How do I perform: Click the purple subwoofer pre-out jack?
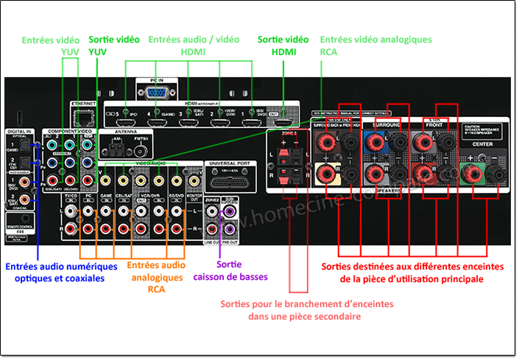coord(230,212)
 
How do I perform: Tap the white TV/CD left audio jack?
coord(72,212)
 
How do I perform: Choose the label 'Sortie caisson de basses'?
coord(231,270)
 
